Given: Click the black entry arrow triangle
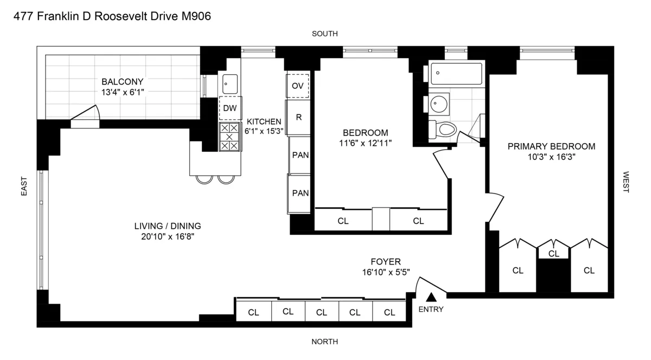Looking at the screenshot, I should (431, 297).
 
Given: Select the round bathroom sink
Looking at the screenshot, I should (438, 104).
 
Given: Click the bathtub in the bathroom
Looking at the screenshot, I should (456, 74).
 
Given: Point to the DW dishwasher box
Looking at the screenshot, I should (230, 108).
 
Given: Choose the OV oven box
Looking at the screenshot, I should (297, 85).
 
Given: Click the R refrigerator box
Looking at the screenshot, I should (298, 117).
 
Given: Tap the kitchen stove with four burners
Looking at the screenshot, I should (229, 137).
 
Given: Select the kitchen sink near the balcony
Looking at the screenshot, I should (229, 83).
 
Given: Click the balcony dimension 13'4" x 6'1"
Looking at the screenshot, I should (123, 92).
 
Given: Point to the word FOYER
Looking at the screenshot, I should (386, 261).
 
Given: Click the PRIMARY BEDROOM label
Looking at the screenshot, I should (551, 146).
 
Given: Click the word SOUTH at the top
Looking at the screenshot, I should (324, 34).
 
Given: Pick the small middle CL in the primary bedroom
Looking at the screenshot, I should (553, 253).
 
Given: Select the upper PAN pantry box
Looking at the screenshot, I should (300, 155).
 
